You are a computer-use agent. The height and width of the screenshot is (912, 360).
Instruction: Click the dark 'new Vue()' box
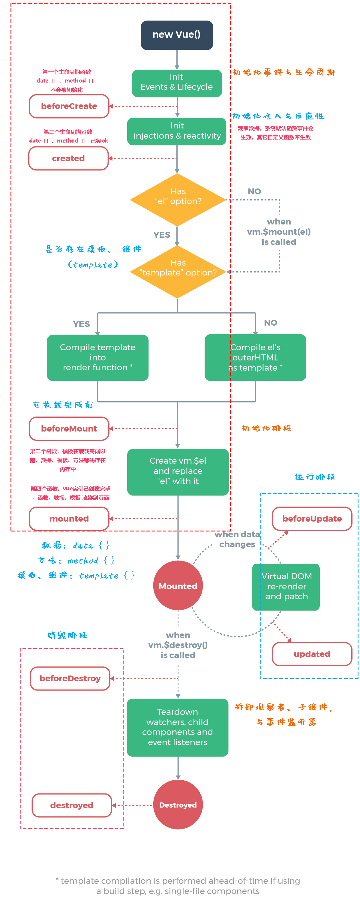point(177,35)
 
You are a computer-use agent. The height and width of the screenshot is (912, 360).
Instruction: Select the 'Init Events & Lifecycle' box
point(177,83)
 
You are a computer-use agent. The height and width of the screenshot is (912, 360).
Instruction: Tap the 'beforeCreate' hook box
point(69,106)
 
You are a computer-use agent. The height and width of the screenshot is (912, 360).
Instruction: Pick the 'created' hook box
point(68,158)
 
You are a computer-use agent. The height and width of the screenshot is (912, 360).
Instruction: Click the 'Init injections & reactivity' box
point(177,131)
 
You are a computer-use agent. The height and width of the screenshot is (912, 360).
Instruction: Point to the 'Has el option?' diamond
point(178,200)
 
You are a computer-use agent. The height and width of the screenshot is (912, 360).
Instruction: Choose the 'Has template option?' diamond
point(178,272)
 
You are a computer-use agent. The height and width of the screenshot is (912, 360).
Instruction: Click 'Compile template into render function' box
point(98,358)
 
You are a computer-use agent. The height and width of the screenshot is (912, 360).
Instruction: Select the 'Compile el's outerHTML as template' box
point(255,358)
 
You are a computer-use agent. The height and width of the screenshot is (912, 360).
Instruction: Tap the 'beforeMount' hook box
point(69,428)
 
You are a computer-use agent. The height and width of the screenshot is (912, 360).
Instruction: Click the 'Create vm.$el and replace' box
point(178,472)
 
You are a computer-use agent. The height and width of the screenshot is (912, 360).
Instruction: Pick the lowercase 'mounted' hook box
point(69,519)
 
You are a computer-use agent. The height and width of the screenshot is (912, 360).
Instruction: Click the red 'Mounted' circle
point(178,585)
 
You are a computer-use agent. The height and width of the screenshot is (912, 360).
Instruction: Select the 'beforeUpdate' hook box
point(312,519)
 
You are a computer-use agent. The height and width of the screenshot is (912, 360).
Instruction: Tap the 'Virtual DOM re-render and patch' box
point(286,587)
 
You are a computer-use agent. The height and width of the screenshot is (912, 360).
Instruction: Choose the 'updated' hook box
point(312,654)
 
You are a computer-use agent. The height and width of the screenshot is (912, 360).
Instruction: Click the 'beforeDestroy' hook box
point(70,678)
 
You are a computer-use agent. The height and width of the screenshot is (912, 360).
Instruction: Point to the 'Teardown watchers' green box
point(177,727)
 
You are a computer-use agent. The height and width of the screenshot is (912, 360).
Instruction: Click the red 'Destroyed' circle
point(178,805)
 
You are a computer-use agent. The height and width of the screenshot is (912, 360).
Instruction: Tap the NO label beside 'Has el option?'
point(254,191)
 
